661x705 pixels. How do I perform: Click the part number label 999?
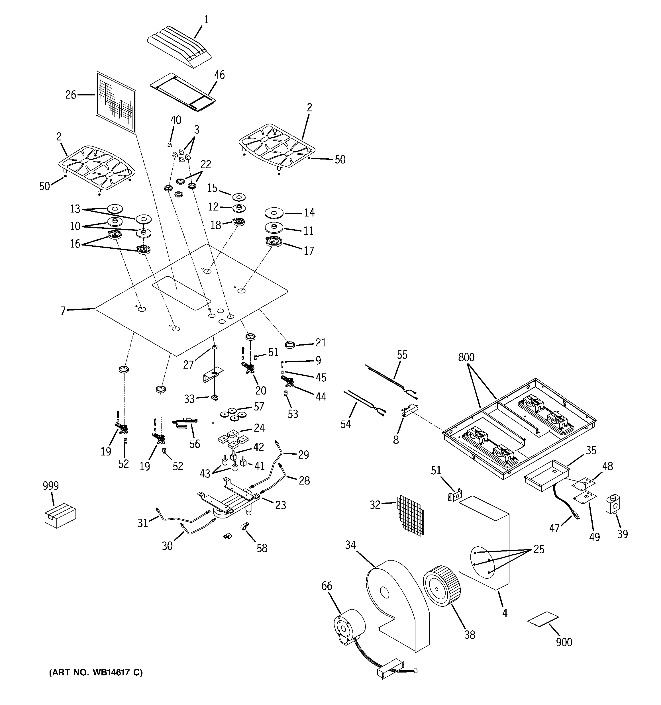point(51,485)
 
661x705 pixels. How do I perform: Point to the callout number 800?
point(466,357)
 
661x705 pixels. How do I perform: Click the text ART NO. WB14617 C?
point(96,672)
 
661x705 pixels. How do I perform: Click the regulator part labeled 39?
point(612,504)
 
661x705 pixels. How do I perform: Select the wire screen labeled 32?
point(411,515)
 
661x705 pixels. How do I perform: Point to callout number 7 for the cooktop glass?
point(63,311)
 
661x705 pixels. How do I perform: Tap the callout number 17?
point(309,251)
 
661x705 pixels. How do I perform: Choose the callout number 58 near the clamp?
point(262,548)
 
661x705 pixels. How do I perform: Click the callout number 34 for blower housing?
point(350,545)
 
